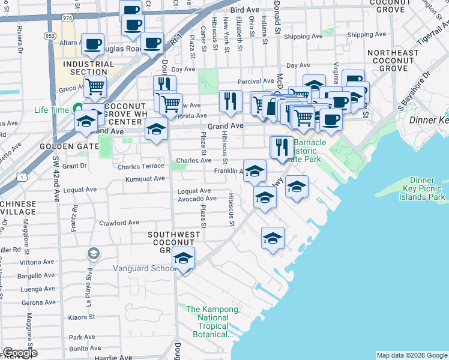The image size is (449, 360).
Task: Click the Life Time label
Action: coord(52,110)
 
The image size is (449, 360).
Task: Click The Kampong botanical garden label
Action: coord(213,322)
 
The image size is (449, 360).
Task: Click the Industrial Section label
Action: coord(88,68)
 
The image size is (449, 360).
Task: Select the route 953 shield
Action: coord(50,35)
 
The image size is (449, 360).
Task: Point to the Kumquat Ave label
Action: coord(145,179)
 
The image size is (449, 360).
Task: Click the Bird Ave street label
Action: coord(244,11)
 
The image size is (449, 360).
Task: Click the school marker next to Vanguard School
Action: coord(183,259)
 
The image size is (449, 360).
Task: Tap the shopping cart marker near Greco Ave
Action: coord(95,86)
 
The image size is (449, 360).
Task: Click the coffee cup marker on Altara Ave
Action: coord(93,44)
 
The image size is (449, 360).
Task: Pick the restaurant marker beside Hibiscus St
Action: coord(230,101)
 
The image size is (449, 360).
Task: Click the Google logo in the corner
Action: coord(20,353)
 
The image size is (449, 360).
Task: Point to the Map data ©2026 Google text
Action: coord(411,355)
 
